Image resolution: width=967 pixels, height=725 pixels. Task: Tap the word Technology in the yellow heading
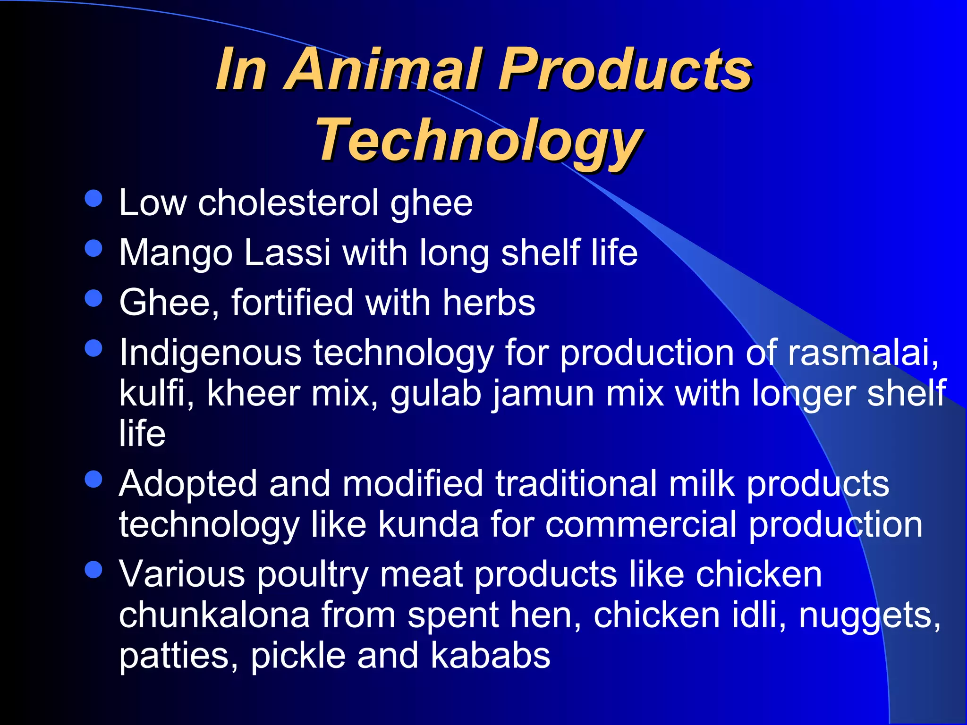pos(480,140)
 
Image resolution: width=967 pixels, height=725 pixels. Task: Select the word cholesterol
pos(288,203)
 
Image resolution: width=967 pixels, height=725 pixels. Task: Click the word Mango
pos(176,253)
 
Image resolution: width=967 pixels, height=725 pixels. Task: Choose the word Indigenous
pos(210,353)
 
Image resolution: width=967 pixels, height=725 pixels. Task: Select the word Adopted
pos(187,484)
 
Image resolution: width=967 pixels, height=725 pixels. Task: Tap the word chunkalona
pos(214,615)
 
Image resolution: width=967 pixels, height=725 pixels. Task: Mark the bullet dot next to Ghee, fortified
pos(93,298)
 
